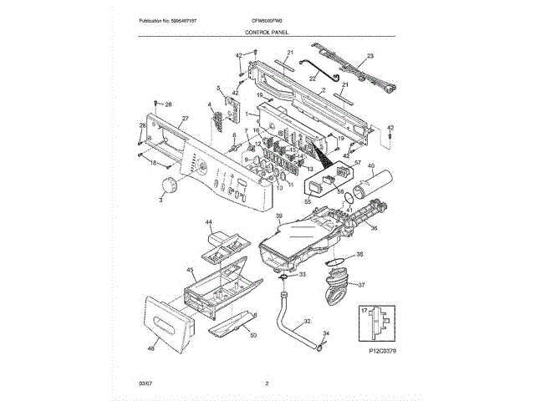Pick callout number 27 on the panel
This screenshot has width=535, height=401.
pyautogui.click(x=185, y=119)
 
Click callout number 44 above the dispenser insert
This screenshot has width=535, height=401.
pyautogui.click(x=210, y=223)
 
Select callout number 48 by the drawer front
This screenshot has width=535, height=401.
pyautogui.click(x=151, y=348)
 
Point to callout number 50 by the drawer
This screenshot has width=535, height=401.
pyautogui.click(x=253, y=335)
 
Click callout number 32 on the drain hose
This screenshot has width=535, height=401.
pyautogui.click(x=307, y=321)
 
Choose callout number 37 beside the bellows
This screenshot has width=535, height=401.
pyautogui.click(x=362, y=284)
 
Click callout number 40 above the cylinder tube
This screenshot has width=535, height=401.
pyautogui.click(x=371, y=167)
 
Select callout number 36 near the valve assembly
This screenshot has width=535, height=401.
pyautogui.click(x=374, y=227)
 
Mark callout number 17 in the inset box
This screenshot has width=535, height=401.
pyautogui.click(x=364, y=311)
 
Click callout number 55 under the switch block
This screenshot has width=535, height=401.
pyautogui.click(x=307, y=200)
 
